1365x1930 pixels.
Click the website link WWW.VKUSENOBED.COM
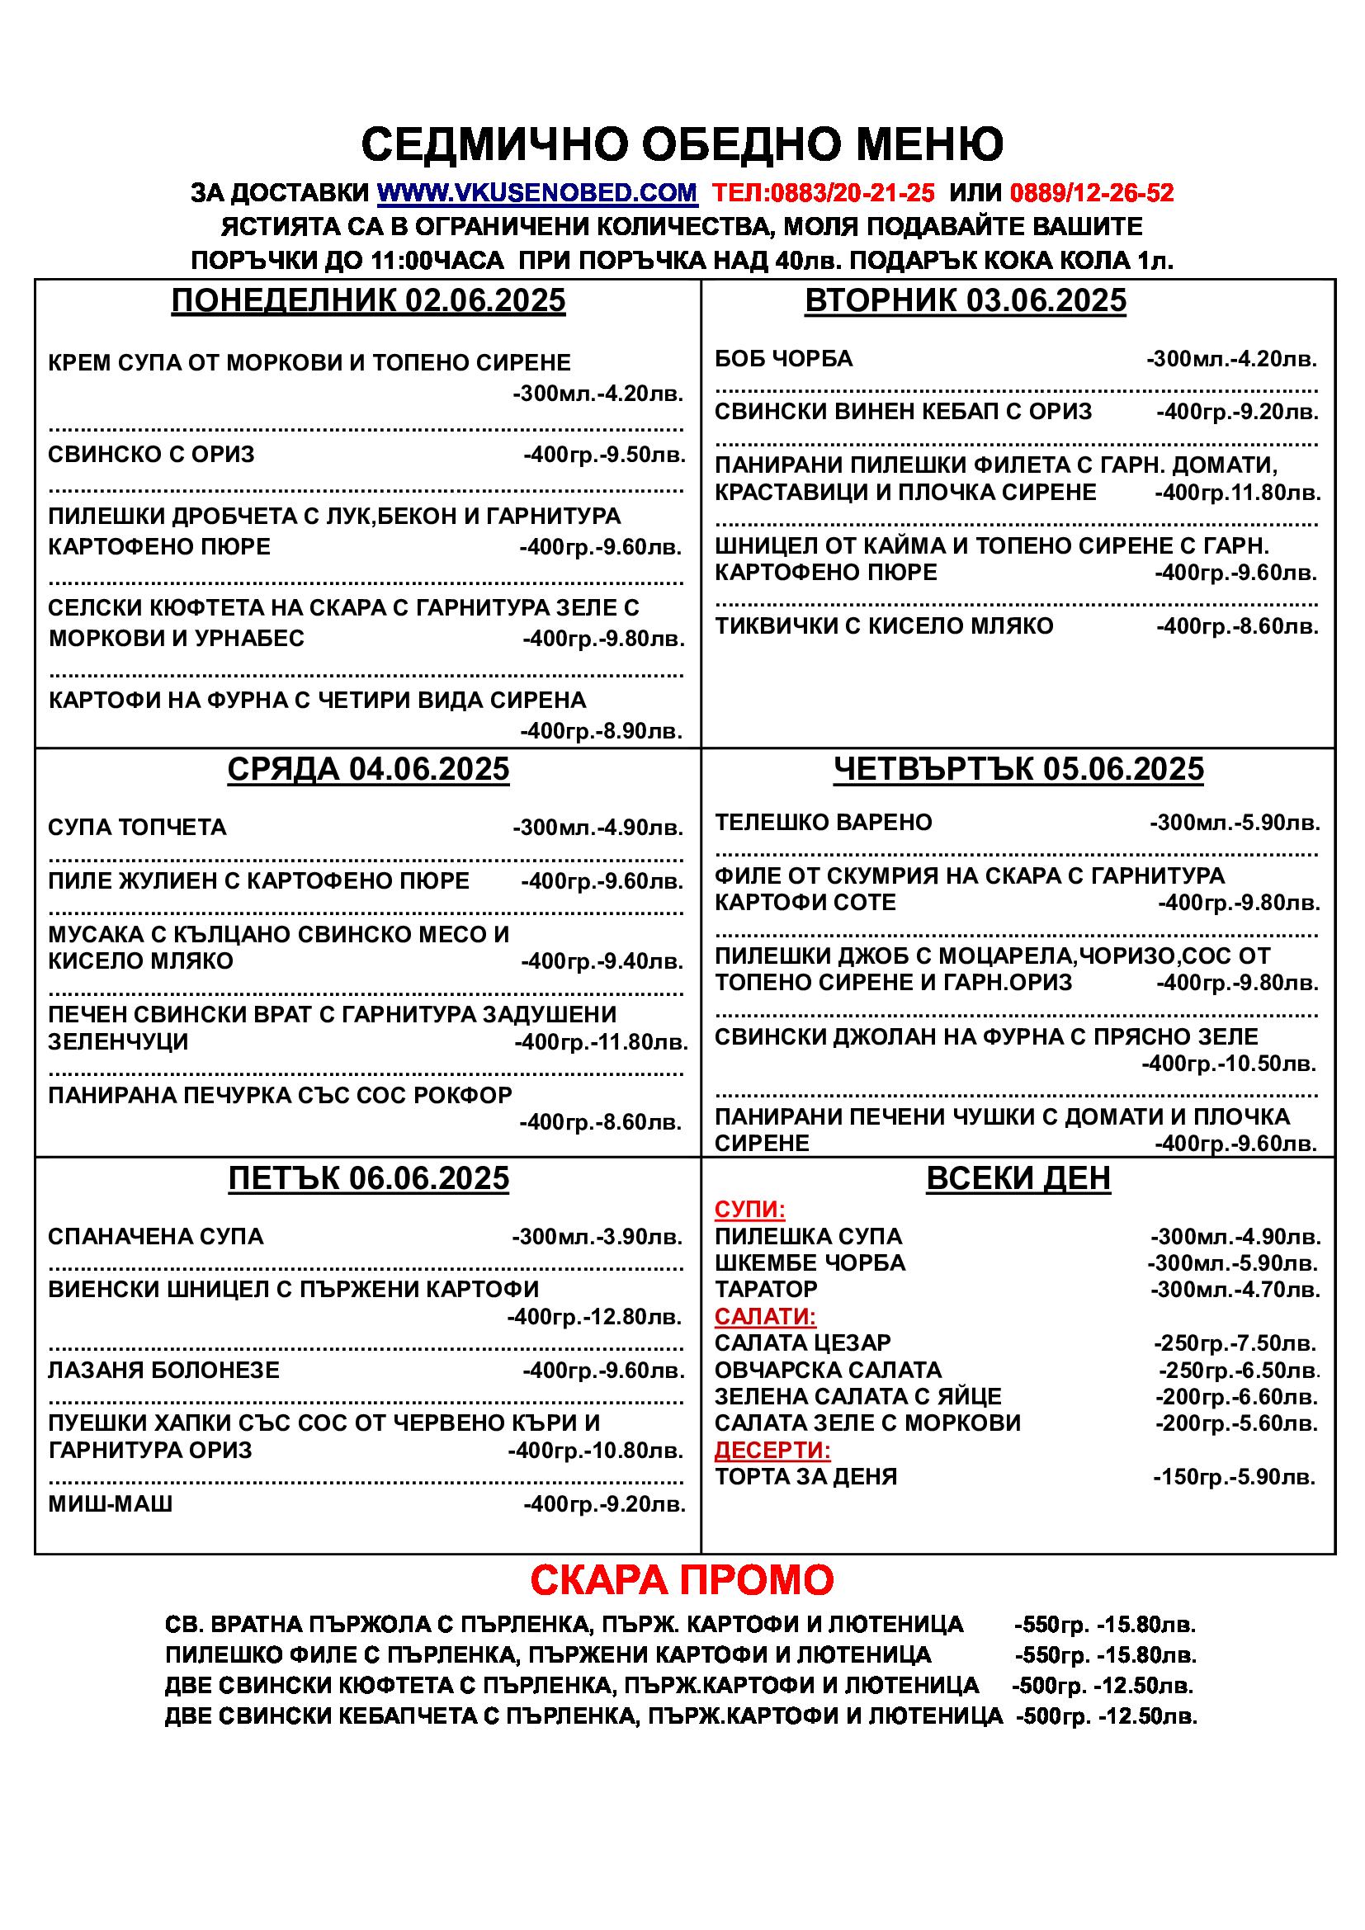537,193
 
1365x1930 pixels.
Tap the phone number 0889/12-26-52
1091,193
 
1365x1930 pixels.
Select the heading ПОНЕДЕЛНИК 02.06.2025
368,301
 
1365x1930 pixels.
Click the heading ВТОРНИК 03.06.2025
965,301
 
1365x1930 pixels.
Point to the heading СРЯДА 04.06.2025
368,769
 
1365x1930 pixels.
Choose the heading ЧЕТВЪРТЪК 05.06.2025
1018,769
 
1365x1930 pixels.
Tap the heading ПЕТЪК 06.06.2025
368,1178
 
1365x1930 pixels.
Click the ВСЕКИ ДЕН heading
1018,1178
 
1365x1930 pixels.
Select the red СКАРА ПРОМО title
682,1580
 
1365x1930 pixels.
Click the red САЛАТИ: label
765,1316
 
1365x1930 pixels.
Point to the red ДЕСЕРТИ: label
772,1450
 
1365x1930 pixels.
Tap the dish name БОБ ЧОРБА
783,359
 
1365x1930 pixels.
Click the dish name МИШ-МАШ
110,1504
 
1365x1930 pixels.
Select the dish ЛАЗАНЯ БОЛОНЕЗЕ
164,1371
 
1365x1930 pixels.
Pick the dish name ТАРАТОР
766,1290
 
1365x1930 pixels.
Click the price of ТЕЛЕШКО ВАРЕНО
1234,823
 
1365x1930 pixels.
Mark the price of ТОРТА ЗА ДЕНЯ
1233,1477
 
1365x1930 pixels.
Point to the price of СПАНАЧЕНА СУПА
597,1237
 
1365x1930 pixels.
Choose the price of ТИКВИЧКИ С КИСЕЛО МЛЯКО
1236,626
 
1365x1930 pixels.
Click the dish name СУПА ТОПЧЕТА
137,828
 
